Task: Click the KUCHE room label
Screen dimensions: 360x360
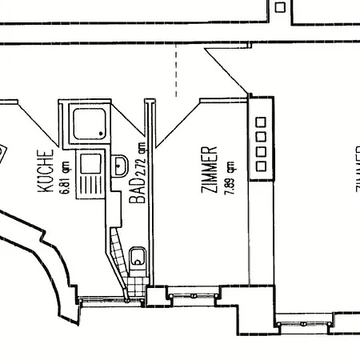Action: pos(46,171)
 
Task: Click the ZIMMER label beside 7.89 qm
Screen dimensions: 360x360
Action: pos(210,170)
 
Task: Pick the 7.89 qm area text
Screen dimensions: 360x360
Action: pos(229,176)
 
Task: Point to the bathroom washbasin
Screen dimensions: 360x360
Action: pos(121,166)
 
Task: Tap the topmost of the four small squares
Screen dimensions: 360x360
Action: pos(260,122)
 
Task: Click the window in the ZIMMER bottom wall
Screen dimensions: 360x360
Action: pos(194,295)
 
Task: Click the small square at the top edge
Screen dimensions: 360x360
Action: pos(280,7)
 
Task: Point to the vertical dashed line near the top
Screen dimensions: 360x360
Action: pos(176,69)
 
